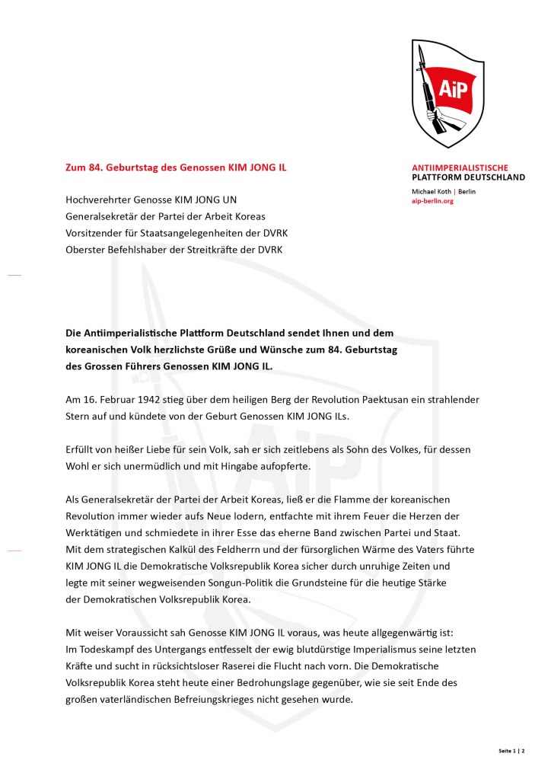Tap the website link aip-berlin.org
[x=432, y=201]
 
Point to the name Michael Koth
[x=431, y=191]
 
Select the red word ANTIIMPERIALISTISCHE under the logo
[x=460, y=168]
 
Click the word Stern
[x=79, y=417]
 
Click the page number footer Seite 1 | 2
[x=511, y=751]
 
